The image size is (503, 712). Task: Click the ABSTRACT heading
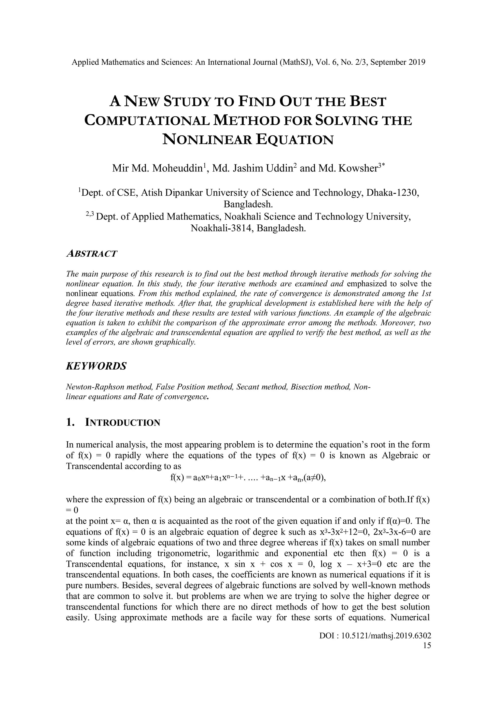(x=92, y=254)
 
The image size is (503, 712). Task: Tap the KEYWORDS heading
(x=96, y=366)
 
